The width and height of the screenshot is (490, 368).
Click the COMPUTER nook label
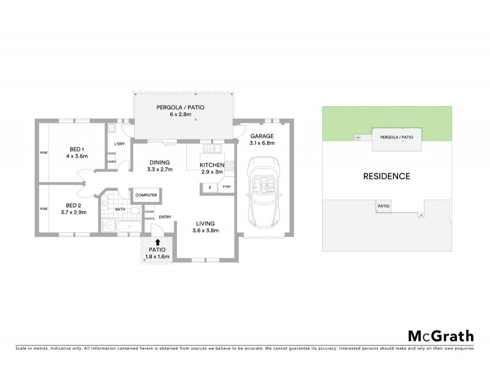pos(146,195)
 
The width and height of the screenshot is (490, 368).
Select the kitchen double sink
pos(215,148)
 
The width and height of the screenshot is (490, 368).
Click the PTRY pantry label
pos(227,187)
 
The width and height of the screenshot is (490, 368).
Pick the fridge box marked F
pos(210,187)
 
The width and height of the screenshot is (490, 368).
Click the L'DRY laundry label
pos(120,144)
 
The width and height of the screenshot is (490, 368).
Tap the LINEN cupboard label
pos(111,161)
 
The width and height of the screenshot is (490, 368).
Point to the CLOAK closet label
pos(149,211)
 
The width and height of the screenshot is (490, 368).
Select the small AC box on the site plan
pos(421,215)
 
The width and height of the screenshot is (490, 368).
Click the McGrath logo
pos(440,336)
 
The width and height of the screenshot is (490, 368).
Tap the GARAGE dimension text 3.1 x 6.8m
pos(262,143)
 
